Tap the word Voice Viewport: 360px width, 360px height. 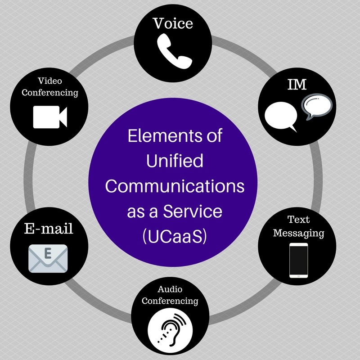coord(173,24)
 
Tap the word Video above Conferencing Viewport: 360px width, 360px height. coord(49,81)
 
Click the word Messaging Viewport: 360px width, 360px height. coord(298,233)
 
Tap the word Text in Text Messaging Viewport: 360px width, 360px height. coord(298,220)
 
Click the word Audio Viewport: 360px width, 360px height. coord(170,288)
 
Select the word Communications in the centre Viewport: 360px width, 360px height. coord(175,186)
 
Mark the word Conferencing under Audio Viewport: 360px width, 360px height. coord(170,300)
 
